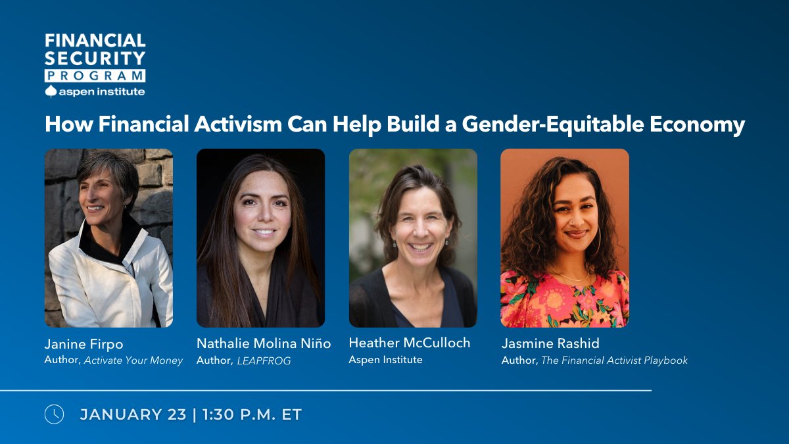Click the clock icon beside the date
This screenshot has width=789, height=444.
pos(54,414)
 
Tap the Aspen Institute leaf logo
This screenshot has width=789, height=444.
pos(51,91)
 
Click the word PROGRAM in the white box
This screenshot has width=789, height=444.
pos(95,76)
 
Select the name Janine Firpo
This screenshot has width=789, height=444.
pos(84,344)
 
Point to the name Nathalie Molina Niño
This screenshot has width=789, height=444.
pos(264,343)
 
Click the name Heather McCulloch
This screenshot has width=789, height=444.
pos(410,343)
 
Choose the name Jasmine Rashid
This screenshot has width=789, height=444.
pos(550,343)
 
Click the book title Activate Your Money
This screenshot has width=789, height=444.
pos(133,360)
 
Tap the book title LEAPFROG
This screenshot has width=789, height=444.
pos(264,361)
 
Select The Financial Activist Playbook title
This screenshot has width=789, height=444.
pos(614,360)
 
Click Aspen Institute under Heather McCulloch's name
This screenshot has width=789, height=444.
pos(386,359)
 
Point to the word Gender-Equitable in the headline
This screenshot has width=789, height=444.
pos(553,124)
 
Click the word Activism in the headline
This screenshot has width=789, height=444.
pos(238,124)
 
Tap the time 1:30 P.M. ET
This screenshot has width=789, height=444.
pos(252,414)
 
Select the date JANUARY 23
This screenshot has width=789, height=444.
pos(133,414)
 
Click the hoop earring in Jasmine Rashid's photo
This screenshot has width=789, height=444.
pos(598,241)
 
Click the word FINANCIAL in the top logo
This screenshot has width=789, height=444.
pos(95,41)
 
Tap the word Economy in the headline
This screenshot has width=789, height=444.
pos(698,124)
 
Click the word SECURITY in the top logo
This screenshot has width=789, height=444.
pos(95,58)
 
